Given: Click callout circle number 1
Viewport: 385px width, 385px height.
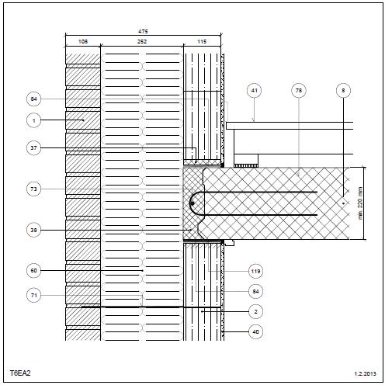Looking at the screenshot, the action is point(34,120).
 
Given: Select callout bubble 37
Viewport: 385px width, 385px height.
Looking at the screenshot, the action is point(34,148).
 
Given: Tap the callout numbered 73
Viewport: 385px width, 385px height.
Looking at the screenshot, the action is point(34,189).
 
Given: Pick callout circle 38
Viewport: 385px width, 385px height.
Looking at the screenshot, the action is point(34,230).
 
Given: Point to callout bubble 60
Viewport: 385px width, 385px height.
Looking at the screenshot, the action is point(34,271).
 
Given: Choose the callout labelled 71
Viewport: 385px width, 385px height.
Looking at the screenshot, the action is point(34,295).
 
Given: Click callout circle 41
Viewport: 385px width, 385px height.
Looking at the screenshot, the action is point(255,90).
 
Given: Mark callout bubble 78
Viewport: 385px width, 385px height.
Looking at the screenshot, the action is point(299,90).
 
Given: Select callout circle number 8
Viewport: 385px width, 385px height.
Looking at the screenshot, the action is point(343,90).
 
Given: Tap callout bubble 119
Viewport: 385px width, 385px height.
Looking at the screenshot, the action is point(255,271).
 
